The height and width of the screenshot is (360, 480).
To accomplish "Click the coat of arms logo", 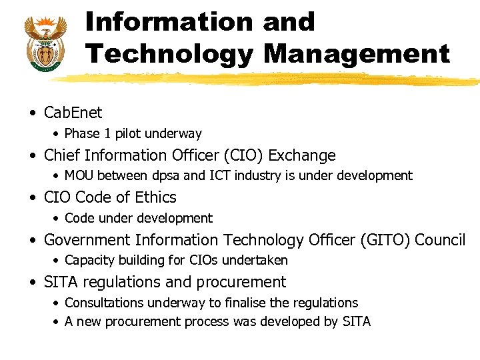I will pos(45,41).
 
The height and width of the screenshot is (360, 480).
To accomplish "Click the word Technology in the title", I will pos(169,53).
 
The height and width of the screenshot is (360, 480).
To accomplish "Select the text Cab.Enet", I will pos(73,113).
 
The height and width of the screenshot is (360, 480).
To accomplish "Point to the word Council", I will pos(440,239).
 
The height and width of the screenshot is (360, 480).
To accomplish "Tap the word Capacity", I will pos(88,261).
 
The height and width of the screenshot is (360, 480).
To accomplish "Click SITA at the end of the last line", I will pos(357,321).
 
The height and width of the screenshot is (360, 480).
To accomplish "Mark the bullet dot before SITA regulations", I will pos(33,283).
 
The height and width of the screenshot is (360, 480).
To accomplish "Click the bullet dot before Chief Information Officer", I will pos(33,156).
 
